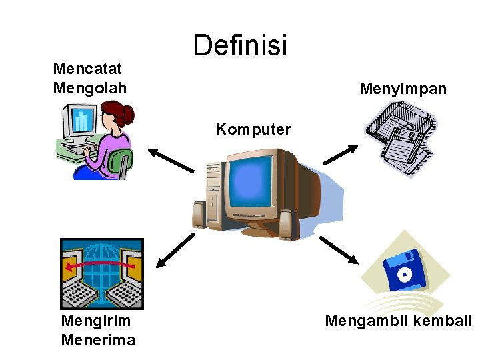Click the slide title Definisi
coord(240,45)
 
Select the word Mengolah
coord(89,87)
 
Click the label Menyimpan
coord(403,89)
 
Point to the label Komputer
coord(253,129)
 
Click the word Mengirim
coord(95,321)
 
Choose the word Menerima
coord(97,340)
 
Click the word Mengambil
coord(365,321)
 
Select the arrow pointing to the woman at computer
coord(171,161)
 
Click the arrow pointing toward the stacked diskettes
coord(341,155)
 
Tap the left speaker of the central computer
coord(199,215)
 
